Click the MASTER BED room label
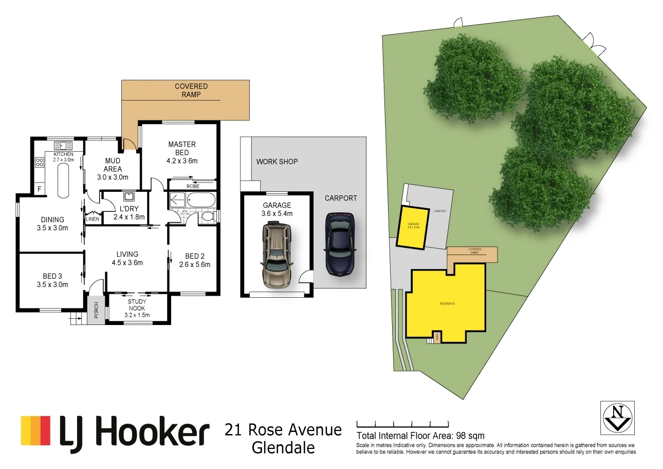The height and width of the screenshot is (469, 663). coord(182,149)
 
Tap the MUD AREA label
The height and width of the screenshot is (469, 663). coord(113,165)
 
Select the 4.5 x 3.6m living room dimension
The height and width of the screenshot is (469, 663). coord(127,263)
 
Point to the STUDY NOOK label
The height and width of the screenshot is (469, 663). coord(137,305)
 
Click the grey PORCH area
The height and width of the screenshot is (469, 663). coord(96,310)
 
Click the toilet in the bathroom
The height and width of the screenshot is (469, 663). coord(208,217)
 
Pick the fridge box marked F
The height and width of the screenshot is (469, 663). coord(39,189)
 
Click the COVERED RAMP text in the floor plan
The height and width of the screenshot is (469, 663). coord(191,91)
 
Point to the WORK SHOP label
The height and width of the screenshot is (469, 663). coord(277,161)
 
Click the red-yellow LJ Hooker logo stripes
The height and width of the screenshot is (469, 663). coord(35,430)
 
